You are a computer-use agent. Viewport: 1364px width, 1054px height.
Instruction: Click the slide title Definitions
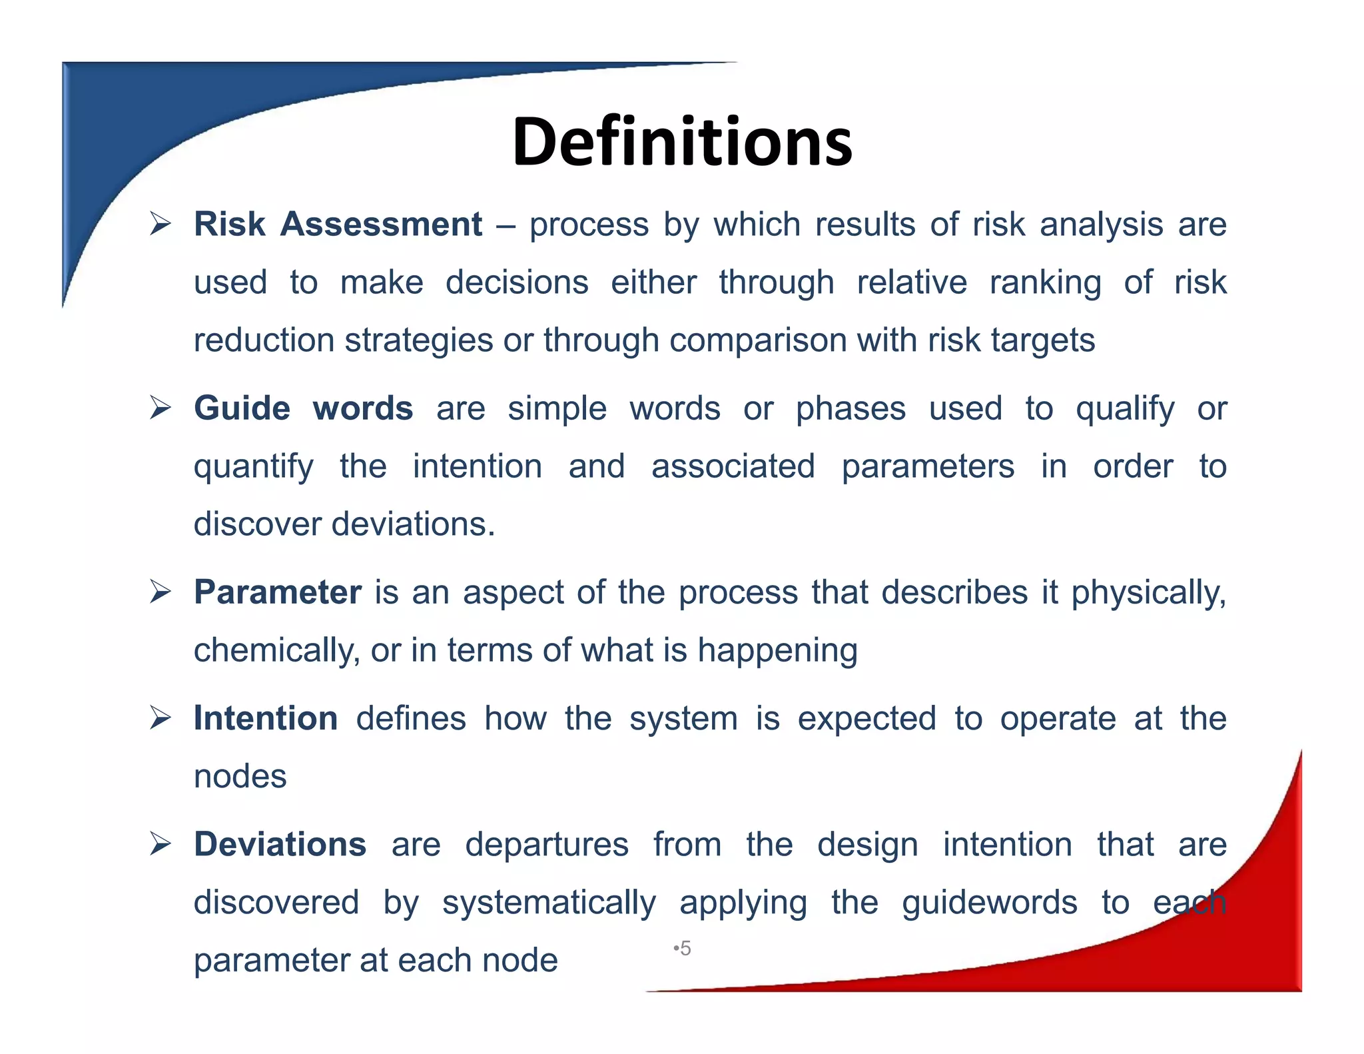(682, 141)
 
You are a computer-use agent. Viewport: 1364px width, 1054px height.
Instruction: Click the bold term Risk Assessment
(338, 224)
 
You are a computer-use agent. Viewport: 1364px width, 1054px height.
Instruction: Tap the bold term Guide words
(303, 408)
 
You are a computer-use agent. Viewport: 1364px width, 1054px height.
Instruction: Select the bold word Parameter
(278, 592)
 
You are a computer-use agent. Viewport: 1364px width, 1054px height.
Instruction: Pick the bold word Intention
(266, 718)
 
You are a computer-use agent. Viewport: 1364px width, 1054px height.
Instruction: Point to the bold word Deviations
(280, 844)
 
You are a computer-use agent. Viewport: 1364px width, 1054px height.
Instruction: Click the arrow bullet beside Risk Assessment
(161, 224)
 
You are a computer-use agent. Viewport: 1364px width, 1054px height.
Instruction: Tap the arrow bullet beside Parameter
(161, 592)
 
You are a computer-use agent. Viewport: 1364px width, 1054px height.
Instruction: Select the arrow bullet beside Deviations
(161, 844)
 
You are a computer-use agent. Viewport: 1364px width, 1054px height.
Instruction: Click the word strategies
(419, 340)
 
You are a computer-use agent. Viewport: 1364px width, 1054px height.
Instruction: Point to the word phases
(851, 408)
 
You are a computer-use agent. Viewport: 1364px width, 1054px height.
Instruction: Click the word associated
(733, 466)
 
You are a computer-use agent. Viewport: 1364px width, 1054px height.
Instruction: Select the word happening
(777, 650)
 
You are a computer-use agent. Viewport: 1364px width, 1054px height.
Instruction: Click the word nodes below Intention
(240, 776)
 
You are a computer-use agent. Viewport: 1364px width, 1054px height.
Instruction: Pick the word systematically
(549, 903)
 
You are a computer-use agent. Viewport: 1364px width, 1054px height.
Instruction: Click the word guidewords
(989, 903)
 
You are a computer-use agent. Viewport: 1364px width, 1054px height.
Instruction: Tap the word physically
(1148, 593)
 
